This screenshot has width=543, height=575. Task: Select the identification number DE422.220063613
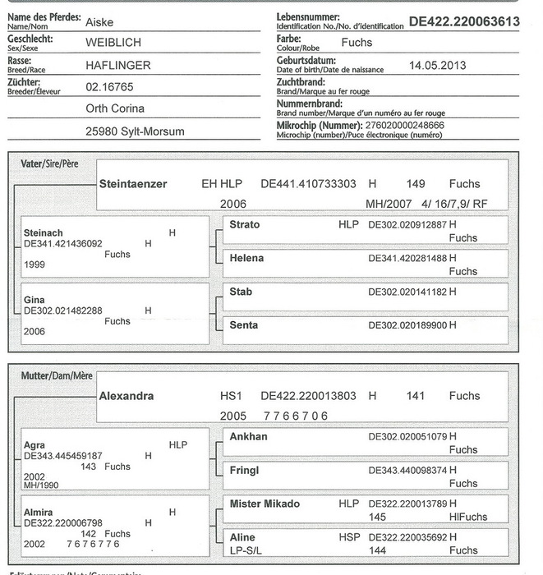(464, 21)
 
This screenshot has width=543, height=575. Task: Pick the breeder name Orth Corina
(115, 108)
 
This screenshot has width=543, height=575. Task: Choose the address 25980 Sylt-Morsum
(135, 131)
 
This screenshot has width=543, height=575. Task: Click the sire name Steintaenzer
(132, 184)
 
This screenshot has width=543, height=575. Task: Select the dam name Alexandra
(127, 396)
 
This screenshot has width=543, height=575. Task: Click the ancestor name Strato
(245, 224)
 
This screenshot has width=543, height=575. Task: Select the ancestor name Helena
(246, 259)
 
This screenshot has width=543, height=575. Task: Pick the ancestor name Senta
(243, 325)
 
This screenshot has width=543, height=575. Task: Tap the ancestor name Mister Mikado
(265, 504)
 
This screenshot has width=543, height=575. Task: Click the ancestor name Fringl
(244, 470)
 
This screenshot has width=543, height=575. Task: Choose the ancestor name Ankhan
(248, 436)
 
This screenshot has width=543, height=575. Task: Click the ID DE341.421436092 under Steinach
(63, 243)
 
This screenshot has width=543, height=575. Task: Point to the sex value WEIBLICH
(113, 41)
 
